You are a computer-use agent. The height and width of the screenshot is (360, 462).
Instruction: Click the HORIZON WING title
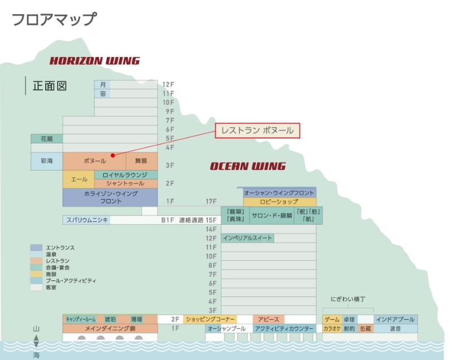94,61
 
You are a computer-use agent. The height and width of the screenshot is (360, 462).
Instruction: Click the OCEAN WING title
247,166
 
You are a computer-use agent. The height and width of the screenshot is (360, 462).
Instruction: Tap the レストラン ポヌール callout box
258,131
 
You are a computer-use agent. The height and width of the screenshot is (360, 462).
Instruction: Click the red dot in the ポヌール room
112,155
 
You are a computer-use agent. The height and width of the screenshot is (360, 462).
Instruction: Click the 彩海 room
46,161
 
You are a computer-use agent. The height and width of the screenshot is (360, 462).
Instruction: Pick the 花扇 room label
46,138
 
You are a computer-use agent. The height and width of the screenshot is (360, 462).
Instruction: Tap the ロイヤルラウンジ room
125,175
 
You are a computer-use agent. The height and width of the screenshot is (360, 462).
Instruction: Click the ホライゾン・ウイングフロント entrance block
110,197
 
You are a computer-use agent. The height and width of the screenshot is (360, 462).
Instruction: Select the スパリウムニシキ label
86,220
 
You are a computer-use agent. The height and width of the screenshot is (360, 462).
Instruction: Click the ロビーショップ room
279,201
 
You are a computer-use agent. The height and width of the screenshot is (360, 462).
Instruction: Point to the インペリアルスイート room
247,238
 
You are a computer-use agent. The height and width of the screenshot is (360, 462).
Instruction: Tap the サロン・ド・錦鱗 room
272,216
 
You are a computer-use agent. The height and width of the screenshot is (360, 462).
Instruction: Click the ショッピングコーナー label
210,319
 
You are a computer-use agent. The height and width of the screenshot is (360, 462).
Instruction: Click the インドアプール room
395,319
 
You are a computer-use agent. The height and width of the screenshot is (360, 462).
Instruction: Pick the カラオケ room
332,328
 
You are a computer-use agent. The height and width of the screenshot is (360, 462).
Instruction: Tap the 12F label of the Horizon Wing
168,84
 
